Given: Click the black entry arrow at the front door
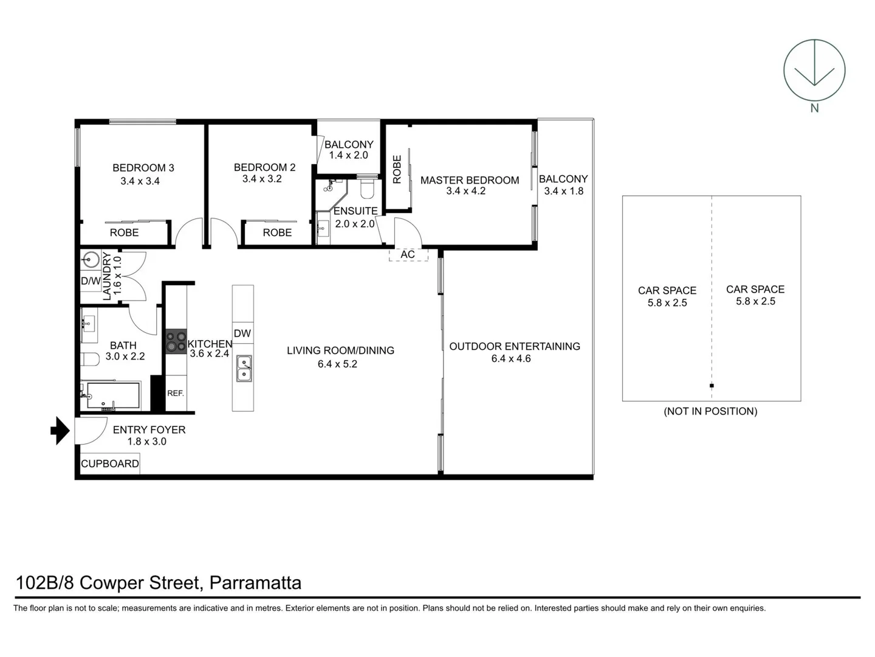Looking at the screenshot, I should tap(60, 431).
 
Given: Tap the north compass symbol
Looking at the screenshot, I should tap(814, 70).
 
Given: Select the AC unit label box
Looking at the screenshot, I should tap(408, 254).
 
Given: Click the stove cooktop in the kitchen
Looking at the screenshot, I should tap(177, 341).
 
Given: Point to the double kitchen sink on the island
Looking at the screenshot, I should tap(244, 369).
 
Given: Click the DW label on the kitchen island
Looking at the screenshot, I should tap(242, 333).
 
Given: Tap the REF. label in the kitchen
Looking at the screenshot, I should tap(176, 393).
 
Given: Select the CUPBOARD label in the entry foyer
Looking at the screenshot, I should tap(110, 464).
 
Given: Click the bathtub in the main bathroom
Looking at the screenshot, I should tap(113, 395).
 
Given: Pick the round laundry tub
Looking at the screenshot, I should tap(91, 260).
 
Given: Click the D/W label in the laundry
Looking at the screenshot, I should tap(91, 281).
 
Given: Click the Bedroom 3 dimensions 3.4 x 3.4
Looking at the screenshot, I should tap(140, 181).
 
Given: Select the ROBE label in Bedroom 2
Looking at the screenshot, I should tap(277, 232).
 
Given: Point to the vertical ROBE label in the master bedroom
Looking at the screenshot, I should tap(397, 169).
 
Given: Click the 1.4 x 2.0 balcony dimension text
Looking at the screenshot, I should tap(348, 155).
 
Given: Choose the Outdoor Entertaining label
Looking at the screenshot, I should tap(514, 346).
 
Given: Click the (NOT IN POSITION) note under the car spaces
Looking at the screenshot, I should tap(710, 411).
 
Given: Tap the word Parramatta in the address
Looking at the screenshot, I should tap(255, 583).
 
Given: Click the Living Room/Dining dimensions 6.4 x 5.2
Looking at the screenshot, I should tap(337, 364).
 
